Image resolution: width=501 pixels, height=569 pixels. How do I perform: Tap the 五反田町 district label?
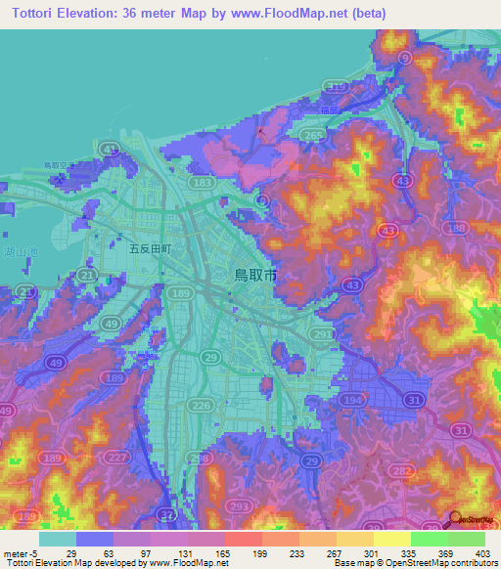pyautogui.click(x=151, y=249)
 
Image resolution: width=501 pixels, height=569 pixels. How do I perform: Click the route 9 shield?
pyautogui.click(x=405, y=60)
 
